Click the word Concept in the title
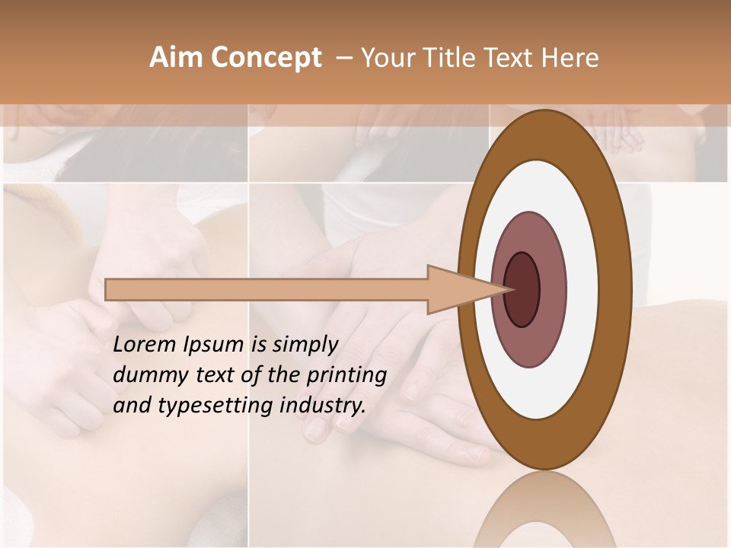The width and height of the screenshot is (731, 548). pos(267,58)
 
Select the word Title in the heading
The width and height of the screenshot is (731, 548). pos(445,58)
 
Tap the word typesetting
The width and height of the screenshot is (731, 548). pos(200,406)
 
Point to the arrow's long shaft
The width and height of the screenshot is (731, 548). pos(267,289)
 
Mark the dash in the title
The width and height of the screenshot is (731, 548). pos(343,58)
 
